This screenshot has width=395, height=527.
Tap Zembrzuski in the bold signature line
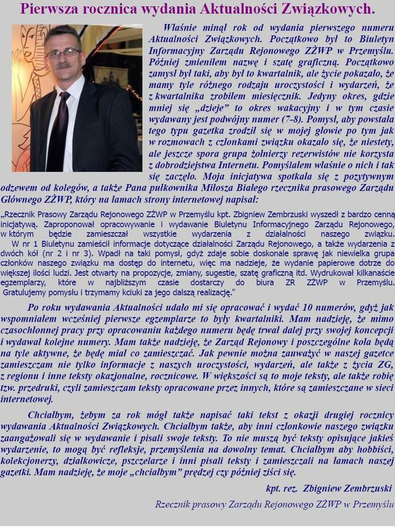[361, 488]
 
